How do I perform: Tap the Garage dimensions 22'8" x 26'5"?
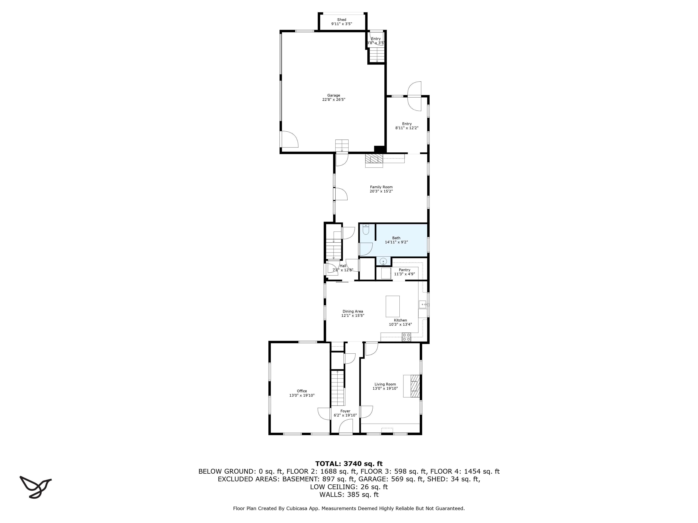[x=333, y=100]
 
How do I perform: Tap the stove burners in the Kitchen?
[x=406, y=337]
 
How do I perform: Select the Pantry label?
[x=404, y=270]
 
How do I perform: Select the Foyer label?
[x=345, y=411]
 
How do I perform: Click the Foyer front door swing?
[x=346, y=428]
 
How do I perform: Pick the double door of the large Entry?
[x=414, y=96]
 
